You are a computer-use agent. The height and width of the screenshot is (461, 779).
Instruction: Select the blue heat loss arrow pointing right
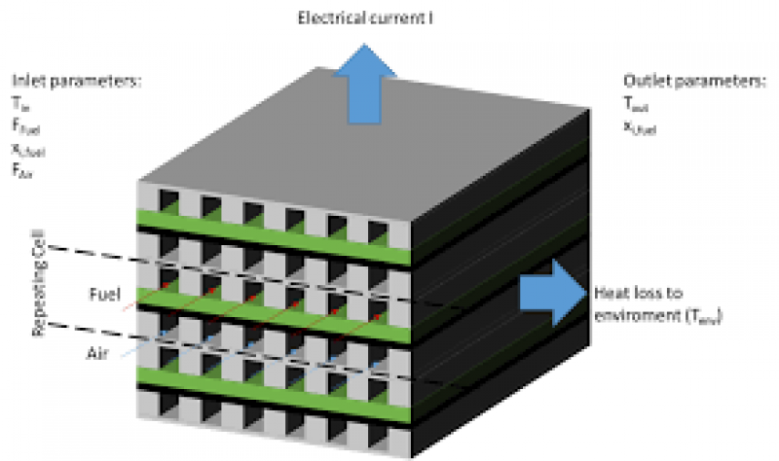tap(551, 292)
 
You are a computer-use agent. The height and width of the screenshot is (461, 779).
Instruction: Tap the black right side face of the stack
tap(487, 370)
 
